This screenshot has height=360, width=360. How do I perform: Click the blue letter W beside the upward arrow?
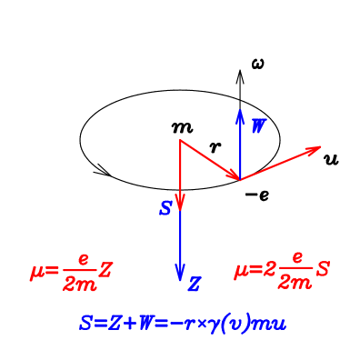259,126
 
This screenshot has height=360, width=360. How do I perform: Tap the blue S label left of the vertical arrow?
165,209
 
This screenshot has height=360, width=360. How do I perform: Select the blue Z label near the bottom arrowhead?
194,285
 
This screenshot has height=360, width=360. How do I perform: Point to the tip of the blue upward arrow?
240,111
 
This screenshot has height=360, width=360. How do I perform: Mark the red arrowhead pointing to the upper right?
315,149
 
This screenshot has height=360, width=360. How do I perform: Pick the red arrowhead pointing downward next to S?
181,202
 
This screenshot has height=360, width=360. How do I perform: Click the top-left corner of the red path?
181,140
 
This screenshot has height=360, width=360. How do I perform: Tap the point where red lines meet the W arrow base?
240,180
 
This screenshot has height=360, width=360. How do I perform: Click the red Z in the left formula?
106,270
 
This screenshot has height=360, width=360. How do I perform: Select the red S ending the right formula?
323,270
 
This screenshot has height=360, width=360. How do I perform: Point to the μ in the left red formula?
37,271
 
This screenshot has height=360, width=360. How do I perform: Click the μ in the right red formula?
242,271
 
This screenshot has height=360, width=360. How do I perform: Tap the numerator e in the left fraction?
83,260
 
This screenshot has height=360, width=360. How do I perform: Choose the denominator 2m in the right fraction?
295,283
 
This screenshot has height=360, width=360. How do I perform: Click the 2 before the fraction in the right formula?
269,270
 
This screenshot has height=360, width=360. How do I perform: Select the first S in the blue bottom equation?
85,323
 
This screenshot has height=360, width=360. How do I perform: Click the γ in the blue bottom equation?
217,325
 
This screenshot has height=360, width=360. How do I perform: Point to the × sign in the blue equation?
204,324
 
